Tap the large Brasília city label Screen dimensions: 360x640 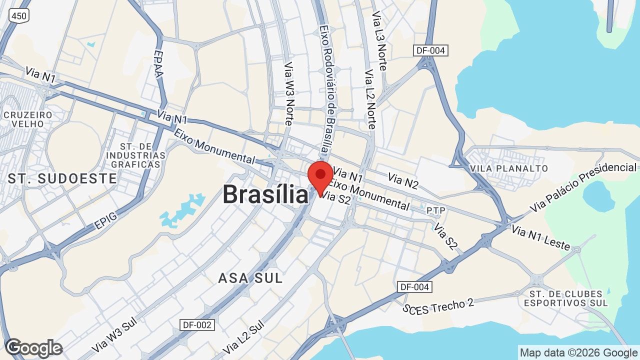[x=265, y=194]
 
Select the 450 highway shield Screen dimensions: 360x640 [x=19, y=16]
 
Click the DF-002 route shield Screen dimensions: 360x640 [x=197, y=325]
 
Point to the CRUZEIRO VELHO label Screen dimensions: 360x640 [x=28, y=119]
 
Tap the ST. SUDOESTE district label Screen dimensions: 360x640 [x=62, y=178]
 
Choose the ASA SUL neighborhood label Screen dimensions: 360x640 [x=250, y=278]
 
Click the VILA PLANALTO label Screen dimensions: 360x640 [x=509, y=168]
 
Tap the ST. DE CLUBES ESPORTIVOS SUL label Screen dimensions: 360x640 [x=565, y=298]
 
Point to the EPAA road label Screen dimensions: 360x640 [x=158, y=64]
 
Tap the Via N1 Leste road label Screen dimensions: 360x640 [x=541, y=237]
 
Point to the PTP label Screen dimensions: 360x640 [x=436, y=211]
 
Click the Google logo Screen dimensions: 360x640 [x=33, y=348]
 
